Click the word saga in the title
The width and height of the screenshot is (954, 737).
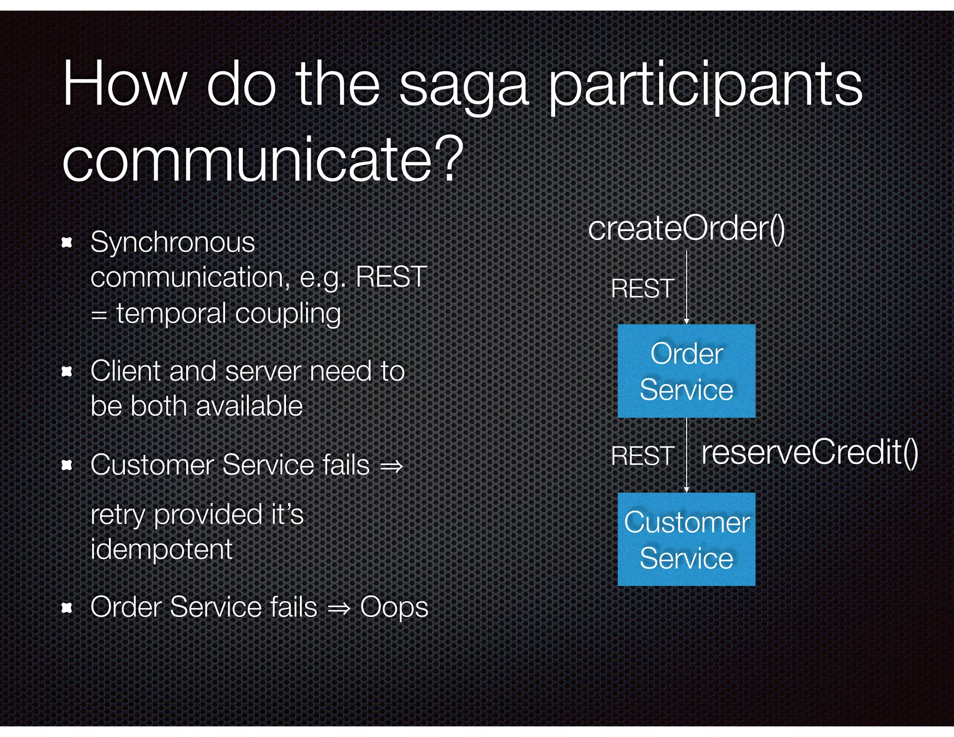click(463, 87)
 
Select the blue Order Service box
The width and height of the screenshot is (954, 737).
click(686, 371)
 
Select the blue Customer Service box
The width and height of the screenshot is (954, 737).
click(686, 539)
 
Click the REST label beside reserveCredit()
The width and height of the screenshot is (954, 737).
click(642, 455)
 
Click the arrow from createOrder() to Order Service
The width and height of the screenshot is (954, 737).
click(686, 287)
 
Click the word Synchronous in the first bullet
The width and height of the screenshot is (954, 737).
click(172, 242)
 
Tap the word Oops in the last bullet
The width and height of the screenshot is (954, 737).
click(394, 607)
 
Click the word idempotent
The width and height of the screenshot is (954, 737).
click(161, 549)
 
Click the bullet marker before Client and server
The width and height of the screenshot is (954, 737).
click(67, 371)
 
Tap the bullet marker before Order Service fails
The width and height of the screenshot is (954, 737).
click(67, 607)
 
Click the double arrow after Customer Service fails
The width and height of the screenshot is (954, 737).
click(391, 466)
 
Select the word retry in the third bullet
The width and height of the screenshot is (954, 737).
click(118, 515)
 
